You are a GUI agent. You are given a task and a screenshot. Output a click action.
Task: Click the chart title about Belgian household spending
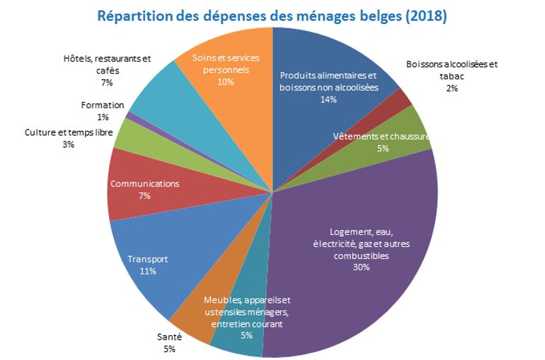click(x=272, y=15)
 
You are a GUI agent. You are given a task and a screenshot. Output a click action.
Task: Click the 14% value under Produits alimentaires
click(x=328, y=100)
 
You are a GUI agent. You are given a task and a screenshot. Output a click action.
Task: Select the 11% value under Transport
click(x=147, y=271)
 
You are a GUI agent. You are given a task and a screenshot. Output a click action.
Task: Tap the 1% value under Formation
click(x=103, y=117)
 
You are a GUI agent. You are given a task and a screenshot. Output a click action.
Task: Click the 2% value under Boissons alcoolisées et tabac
click(x=452, y=88)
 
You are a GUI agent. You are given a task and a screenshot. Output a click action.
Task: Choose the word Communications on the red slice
click(x=145, y=184)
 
